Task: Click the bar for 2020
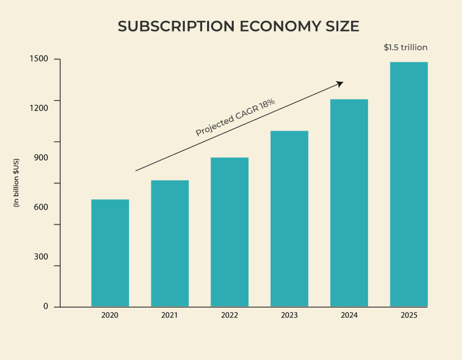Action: [110, 253]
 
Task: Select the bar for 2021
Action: [170, 244]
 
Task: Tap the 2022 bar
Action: [230, 232]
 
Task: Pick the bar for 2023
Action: [289, 219]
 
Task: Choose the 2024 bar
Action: [349, 203]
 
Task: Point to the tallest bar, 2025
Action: [409, 185]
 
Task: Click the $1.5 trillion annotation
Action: [405, 47]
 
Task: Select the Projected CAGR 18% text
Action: [235, 117]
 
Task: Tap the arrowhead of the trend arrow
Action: [341, 83]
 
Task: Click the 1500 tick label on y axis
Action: [39, 60]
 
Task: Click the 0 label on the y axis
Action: [46, 306]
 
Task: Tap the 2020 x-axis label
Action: [110, 315]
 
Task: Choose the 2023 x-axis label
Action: [289, 315]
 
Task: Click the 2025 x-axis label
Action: [409, 315]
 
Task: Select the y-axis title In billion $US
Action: [17, 183]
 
